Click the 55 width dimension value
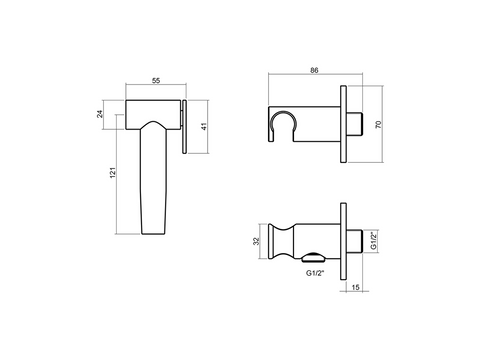click(156, 81)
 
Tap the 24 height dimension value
click(100, 114)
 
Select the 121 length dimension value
click(113, 172)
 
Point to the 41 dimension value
click(204, 127)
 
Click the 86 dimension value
click(314, 70)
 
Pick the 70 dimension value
click(378, 125)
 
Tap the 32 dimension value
click(256, 241)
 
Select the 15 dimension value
click(356, 287)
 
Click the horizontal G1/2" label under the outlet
click(315, 273)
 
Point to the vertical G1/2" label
click(374, 241)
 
